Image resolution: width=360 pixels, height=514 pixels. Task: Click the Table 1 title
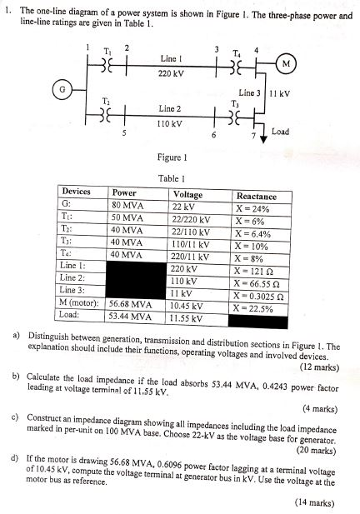click(170, 178)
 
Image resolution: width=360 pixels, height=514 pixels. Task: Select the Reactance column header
click(257, 195)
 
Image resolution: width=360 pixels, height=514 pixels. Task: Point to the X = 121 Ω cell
click(256, 271)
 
